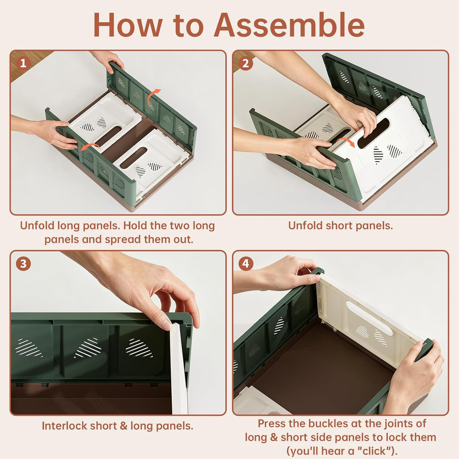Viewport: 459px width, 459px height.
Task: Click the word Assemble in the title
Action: (290, 25)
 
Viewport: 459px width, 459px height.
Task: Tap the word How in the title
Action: (128, 25)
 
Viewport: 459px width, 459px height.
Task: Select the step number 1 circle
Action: (23, 63)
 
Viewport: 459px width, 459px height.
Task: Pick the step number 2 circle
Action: (246, 63)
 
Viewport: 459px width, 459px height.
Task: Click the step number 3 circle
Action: (23, 264)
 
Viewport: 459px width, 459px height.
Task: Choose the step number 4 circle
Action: (246, 264)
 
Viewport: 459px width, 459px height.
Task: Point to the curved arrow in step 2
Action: (347, 142)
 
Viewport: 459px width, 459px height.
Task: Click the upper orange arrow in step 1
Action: (153, 96)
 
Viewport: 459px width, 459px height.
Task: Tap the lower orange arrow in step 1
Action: (90, 147)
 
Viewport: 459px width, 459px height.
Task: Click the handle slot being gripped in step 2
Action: (374, 134)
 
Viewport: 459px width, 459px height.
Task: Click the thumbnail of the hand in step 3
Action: (166, 325)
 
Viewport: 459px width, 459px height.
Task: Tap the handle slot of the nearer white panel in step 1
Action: (133, 157)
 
